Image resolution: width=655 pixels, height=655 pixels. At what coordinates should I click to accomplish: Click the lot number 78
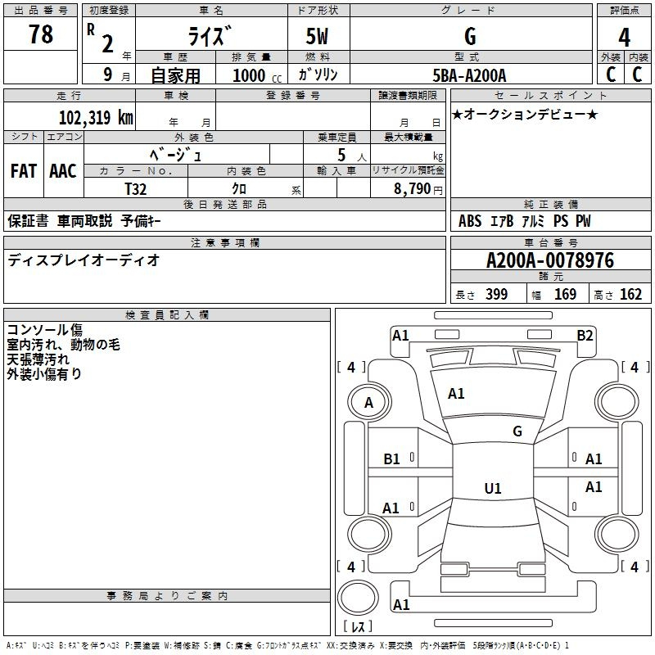(41, 34)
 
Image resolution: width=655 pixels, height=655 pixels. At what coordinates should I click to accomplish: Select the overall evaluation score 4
(624, 37)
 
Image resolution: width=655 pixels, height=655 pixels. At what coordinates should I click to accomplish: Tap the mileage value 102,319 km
(96, 118)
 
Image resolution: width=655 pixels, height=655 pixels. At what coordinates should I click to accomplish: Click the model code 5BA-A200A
(469, 75)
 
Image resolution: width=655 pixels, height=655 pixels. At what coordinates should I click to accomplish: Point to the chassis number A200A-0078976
(550, 260)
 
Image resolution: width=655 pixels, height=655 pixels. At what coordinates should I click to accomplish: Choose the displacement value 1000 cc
(257, 75)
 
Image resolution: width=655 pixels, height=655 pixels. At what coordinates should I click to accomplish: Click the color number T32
(136, 189)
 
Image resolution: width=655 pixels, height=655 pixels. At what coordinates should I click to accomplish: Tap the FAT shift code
(24, 171)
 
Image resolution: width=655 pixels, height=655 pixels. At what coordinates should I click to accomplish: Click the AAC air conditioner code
(63, 171)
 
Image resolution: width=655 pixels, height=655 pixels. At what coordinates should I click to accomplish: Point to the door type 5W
(317, 36)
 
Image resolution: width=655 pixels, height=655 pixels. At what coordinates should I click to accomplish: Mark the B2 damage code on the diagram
(585, 336)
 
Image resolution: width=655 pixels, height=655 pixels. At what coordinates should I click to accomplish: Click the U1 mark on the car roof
(493, 488)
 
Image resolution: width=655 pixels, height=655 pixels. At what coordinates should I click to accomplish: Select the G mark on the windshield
(517, 431)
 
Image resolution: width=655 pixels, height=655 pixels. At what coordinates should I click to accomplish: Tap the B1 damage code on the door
(391, 459)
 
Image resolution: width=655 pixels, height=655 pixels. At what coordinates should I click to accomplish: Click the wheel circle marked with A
(369, 402)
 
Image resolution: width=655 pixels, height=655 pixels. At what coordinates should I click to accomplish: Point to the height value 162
(630, 294)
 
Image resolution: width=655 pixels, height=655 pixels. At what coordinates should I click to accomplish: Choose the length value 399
(497, 294)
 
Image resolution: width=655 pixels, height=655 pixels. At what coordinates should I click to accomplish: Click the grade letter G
(470, 36)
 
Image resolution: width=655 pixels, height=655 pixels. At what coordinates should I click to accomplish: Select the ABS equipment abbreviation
(470, 221)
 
